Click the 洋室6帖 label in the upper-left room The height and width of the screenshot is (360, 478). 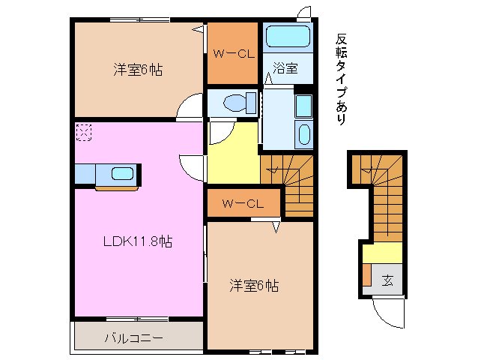click(x=138, y=70)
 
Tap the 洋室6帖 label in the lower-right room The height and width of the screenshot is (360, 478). click(x=254, y=285)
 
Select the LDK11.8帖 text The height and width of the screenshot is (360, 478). click(x=138, y=241)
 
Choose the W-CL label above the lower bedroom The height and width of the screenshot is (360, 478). click(x=243, y=203)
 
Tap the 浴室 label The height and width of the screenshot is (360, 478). click(x=285, y=68)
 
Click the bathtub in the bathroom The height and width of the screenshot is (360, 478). click(x=288, y=36)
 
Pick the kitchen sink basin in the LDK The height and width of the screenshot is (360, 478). click(x=122, y=174)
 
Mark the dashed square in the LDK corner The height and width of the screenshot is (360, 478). click(x=83, y=133)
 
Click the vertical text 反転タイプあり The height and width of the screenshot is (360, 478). click(x=341, y=79)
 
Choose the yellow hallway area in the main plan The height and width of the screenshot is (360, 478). click(x=232, y=154)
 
